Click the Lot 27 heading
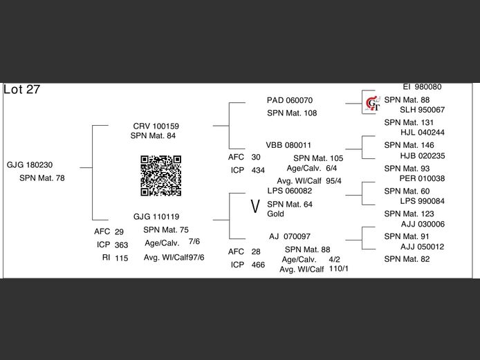(x=22, y=90)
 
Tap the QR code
(x=161, y=176)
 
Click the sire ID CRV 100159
(x=156, y=126)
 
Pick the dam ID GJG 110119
(x=156, y=216)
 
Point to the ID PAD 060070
(x=290, y=100)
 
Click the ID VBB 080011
(x=289, y=146)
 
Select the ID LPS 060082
(x=290, y=191)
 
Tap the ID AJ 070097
(x=290, y=236)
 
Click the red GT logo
(x=373, y=104)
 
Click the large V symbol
(x=255, y=206)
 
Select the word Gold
(x=275, y=214)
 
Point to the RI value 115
(x=122, y=258)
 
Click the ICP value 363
(x=122, y=245)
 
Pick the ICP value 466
(x=258, y=265)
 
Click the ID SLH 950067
(x=422, y=110)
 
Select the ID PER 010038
(x=422, y=178)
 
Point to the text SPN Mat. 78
(x=41, y=178)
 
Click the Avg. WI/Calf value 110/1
(x=339, y=268)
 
